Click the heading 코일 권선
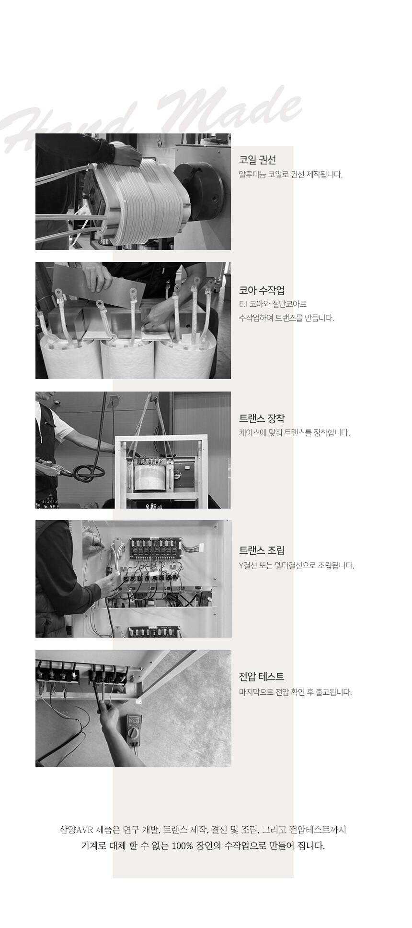pyautogui.click(x=257, y=160)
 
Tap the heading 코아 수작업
pyautogui.click(x=262, y=290)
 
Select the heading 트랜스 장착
pyautogui.click(x=262, y=418)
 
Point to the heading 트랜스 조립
pyautogui.click(x=262, y=550)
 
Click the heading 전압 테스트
pyautogui.click(x=262, y=677)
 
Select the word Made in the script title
pyautogui.click(x=230, y=113)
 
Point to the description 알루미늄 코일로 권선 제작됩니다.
pyautogui.click(x=291, y=174)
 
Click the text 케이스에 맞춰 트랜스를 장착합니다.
pyautogui.click(x=295, y=433)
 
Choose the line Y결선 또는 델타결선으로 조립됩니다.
pyautogui.click(x=297, y=565)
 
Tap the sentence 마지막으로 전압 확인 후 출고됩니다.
pyautogui.click(x=295, y=692)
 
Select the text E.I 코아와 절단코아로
pyautogui.click(x=273, y=304)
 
